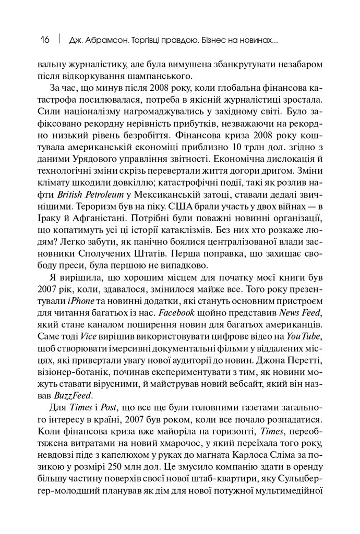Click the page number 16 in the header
point(45,40)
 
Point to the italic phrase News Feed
point(300,312)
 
